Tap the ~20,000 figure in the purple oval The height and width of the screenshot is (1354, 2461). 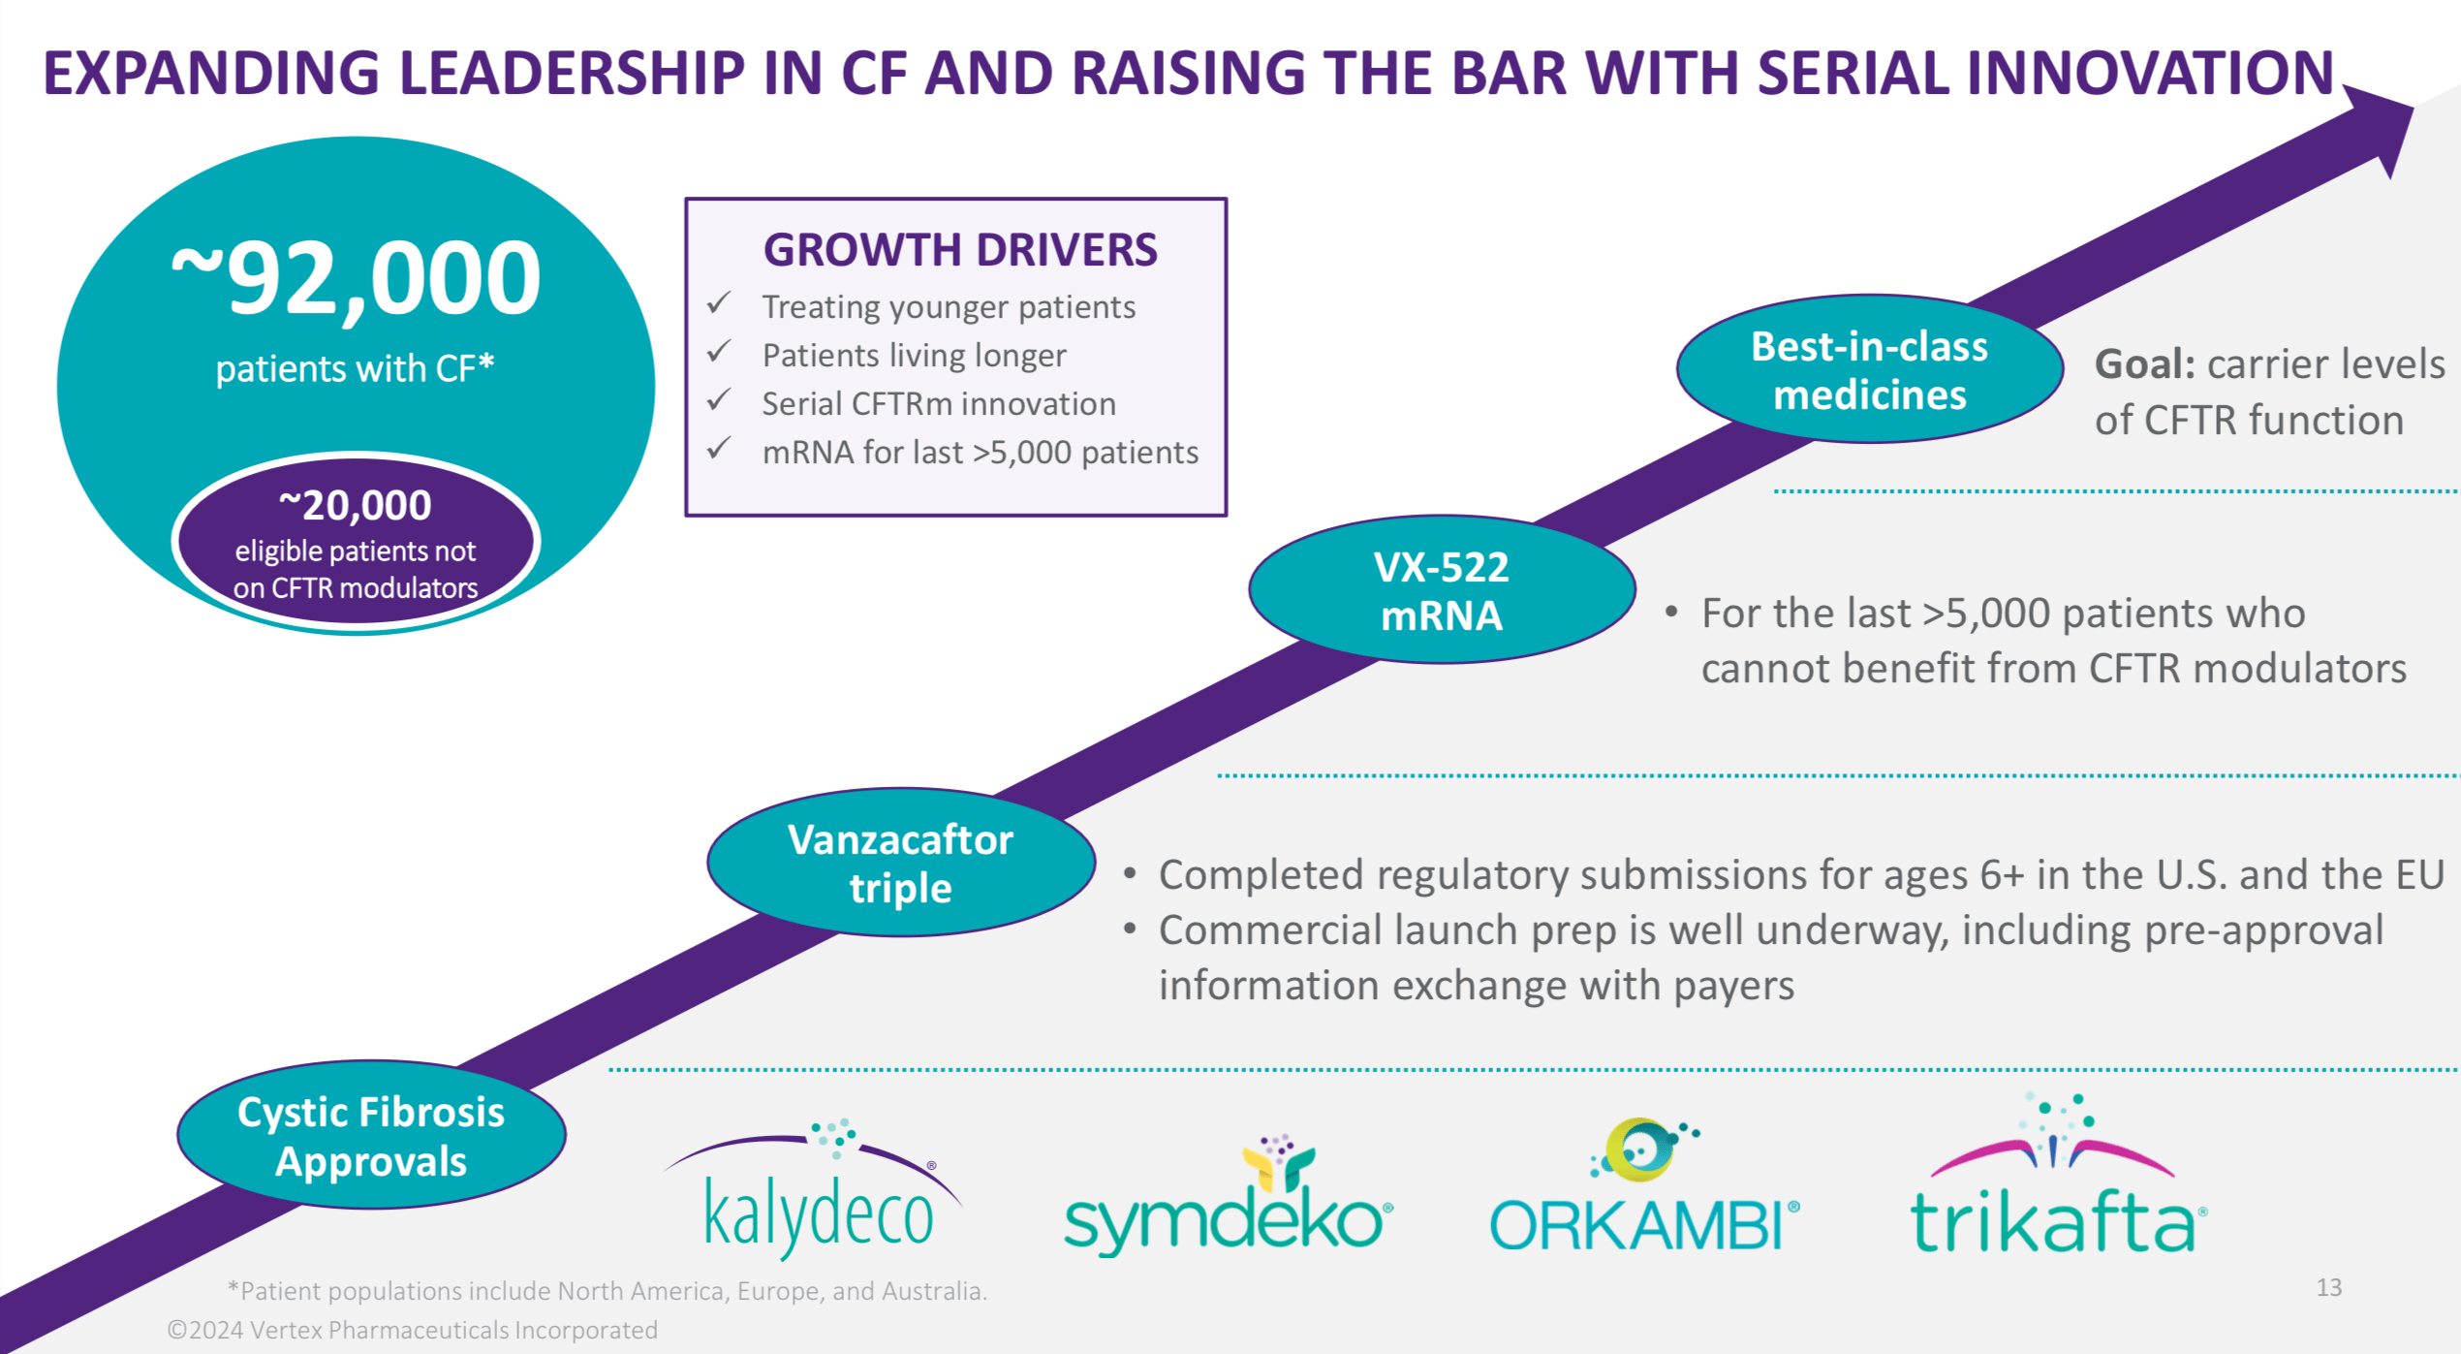click(x=356, y=505)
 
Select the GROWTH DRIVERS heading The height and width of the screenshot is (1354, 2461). click(x=959, y=250)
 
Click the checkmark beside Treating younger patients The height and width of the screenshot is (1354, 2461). click(x=719, y=304)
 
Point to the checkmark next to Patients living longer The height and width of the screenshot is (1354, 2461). click(x=719, y=353)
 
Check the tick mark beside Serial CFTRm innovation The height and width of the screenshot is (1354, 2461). click(x=719, y=401)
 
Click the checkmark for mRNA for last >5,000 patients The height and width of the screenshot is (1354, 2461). click(x=719, y=450)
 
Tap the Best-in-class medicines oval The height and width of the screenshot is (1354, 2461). click(x=1869, y=370)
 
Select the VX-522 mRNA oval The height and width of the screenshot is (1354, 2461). click(x=1442, y=590)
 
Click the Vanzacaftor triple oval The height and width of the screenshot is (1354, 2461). click(x=900, y=863)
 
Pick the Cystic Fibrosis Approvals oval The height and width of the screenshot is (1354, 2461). click(x=371, y=1135)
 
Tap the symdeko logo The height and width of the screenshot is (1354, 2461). click(x=1228, y=1202)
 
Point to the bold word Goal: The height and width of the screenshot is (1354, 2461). click(x=2144, y=364)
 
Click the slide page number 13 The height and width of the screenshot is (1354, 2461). click(x=2328, y=1287)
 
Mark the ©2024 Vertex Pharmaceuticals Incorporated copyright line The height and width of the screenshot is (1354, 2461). click(x=413, y=1330)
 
